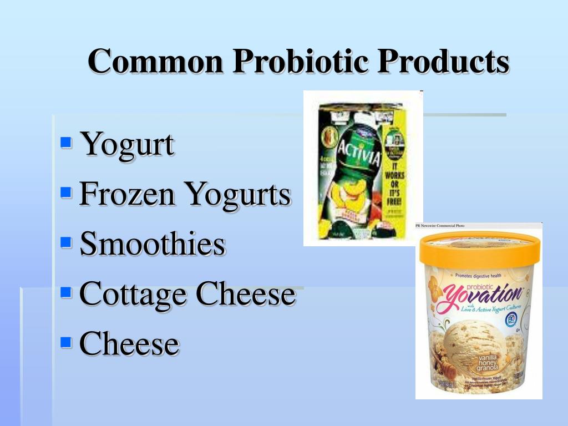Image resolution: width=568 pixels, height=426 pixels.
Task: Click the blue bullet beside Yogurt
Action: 66,143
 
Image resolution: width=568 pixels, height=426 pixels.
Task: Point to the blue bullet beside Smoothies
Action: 66,242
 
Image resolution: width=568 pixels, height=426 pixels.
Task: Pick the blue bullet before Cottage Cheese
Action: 66,292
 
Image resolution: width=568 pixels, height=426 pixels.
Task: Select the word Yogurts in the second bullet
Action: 238,195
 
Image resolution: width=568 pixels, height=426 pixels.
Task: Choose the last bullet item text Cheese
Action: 129,343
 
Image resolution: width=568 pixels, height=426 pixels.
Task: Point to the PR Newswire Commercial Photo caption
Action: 440,226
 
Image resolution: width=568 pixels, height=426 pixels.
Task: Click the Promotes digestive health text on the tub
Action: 479,275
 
